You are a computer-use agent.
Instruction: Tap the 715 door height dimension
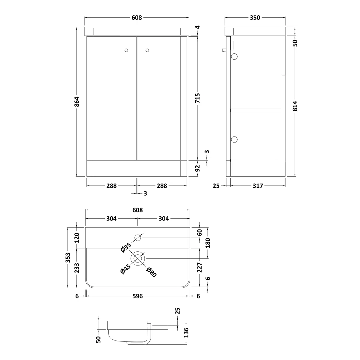pos(197,98)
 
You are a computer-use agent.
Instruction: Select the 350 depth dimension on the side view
pos(255,18)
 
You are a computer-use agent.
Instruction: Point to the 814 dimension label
pos(295,106)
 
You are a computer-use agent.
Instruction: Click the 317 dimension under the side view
pos(258,186)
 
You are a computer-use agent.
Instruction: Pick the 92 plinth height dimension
pos(197,168)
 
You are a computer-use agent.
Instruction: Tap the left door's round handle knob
pos(126,50)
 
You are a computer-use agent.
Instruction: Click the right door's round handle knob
pos(147,50)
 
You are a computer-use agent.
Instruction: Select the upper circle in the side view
pos(234,56)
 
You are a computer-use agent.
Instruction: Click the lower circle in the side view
pos(234,139)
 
